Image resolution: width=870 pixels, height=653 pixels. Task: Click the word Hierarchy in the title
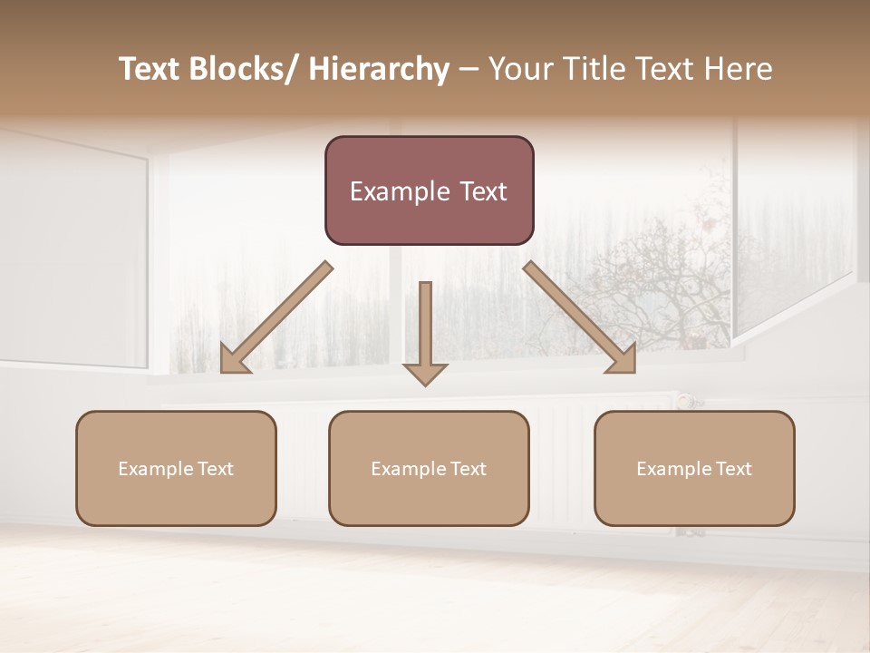coord(379,69)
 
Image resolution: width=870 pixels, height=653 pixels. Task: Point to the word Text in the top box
coord(483,191)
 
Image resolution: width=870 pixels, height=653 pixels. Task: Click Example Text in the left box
coord(175,469)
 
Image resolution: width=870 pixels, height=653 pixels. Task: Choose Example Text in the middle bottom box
coord(428,469)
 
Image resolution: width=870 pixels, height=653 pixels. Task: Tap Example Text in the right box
coord(694,469)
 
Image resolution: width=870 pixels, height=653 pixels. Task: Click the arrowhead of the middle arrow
coord(425,373)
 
